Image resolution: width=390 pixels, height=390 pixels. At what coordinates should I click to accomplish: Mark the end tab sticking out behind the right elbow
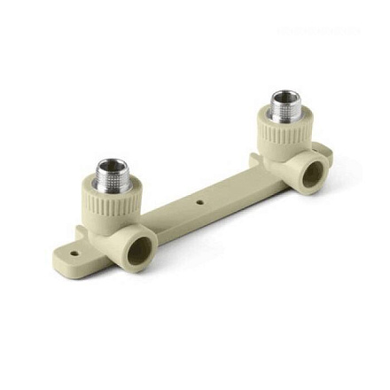[324, 151]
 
